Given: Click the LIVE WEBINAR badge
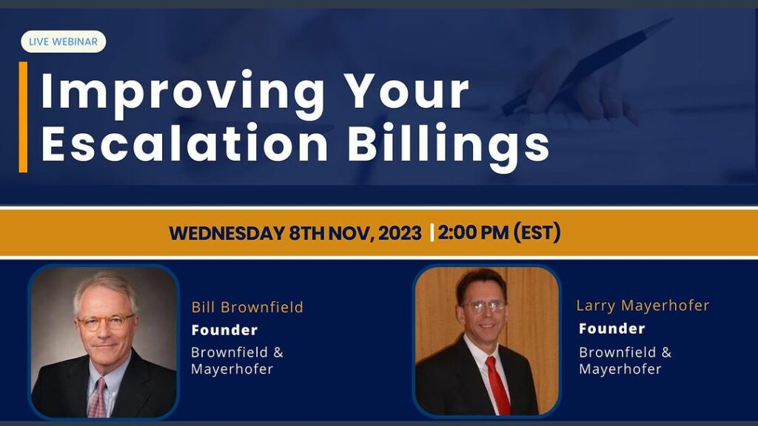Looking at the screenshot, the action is tap(64, 41).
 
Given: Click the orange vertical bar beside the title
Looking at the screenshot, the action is tap(23, 117).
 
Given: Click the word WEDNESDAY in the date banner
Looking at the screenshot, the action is tap(227, 233).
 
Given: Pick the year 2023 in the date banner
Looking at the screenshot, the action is tap(400, 233).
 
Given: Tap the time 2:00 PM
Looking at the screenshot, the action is tap(473, 233).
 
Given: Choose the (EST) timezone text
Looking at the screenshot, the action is tap(537, 232).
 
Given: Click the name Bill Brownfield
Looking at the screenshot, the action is tap(247, 307).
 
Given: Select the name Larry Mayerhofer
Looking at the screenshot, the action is tap(643, 305).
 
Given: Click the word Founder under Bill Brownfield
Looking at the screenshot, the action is tap(224, 331).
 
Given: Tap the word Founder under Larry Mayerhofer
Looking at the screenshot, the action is tap(611, 329).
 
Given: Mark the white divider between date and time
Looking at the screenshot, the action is tap(432, 233).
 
